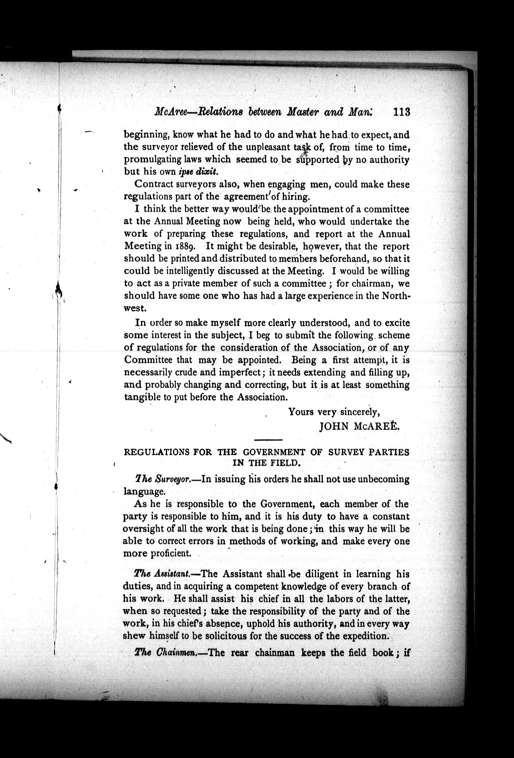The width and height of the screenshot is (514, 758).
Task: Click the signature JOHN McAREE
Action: (x=360, y=426)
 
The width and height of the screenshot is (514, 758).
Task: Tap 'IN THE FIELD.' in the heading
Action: (x=267, y=463)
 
